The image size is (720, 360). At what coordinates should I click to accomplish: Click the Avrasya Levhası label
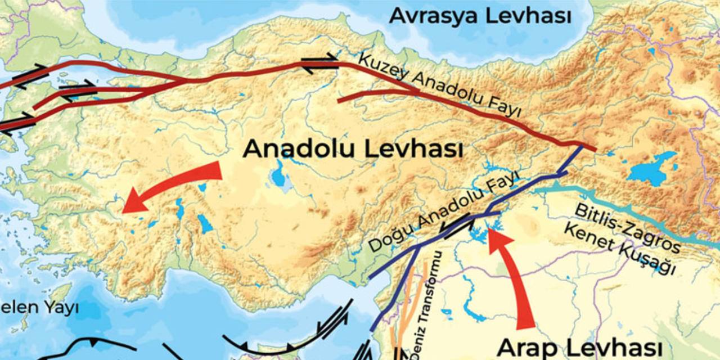click(x=480, y=15)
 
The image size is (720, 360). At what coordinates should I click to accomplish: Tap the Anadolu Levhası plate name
click(x=353, y=150)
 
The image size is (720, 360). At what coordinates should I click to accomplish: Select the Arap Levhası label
click(x=580, y=347)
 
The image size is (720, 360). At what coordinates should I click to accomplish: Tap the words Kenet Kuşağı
click(x=619, y=250)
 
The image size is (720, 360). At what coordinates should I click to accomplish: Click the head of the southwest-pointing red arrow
click(x=133, y=203)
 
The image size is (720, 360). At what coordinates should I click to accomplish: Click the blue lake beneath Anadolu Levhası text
click(x=278, y=177)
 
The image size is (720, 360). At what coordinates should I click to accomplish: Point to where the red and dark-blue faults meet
click(x=582, y=146)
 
